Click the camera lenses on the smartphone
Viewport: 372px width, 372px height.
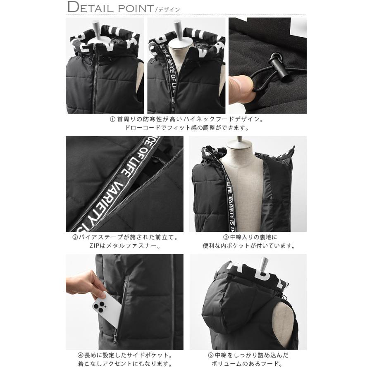pyautogui.click(x=98, y=306)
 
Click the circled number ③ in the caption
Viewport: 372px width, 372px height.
pyautogui.click(x=226, y=238)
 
